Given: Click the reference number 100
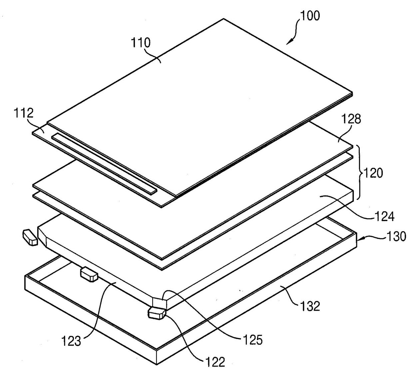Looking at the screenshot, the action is [310, 15].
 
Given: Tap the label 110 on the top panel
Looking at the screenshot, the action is [140, 43].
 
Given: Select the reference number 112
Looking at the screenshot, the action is [24, 113].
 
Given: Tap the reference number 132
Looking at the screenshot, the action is [310, 306].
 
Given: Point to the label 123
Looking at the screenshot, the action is [71, 342].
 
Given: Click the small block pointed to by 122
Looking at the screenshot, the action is [157, 314].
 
